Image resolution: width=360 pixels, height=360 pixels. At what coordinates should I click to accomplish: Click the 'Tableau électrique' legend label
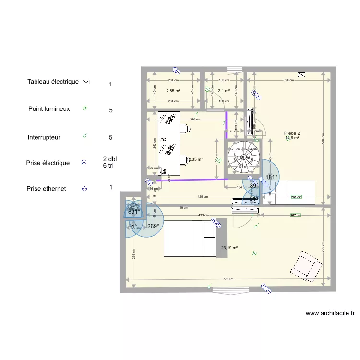click(x=53, y=82)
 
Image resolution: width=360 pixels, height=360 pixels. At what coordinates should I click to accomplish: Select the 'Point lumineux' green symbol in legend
click(x=85, y=109)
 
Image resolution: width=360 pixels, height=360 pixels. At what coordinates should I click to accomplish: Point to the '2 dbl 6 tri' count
click(x=110, y=162)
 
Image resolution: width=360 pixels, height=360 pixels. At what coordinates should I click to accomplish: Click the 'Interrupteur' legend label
click(x=44, y=137)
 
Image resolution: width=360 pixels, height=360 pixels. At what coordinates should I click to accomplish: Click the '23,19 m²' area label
click(x=229, y=248)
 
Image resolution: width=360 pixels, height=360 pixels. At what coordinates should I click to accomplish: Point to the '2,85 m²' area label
click(x=173, y=91)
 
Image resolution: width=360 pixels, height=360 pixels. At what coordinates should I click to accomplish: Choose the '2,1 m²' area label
click(x=224, y=91)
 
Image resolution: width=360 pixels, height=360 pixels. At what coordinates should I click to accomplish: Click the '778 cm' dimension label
click(x=228, y=279)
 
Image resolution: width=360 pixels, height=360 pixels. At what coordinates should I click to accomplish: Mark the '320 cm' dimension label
click(x=289, y=81)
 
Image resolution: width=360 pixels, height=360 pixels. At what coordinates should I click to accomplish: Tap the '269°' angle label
click(x=153, y=226)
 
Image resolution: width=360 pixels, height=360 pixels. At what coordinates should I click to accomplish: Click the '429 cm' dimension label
click(x=203, y=197)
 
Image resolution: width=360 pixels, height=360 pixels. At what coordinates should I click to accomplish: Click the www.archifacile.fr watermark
click(x=330, y=313)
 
